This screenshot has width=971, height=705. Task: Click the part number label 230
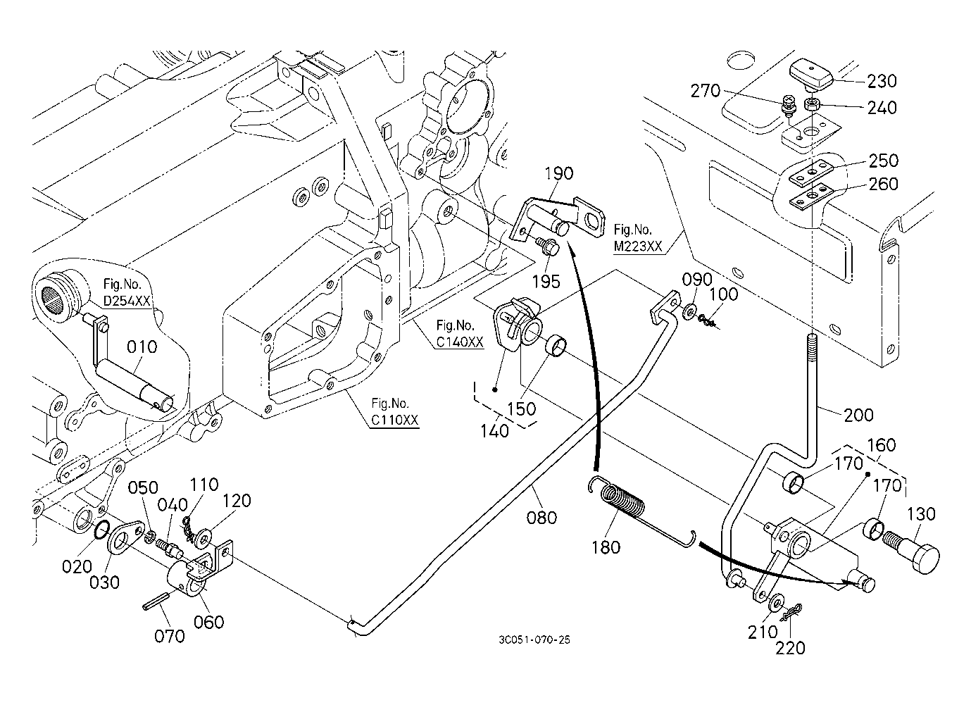(x=882, y=81)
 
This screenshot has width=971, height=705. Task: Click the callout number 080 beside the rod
(x=541, y=518)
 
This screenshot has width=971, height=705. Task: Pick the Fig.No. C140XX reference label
(x=460, y=334)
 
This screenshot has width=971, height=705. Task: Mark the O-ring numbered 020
(x=101, y=531)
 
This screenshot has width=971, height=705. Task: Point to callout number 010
(x=142, y=347)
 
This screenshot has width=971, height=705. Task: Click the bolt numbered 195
(x=549, y=246)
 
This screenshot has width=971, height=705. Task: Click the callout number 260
(x=884, y=184)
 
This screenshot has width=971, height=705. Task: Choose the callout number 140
(x=495, y=430)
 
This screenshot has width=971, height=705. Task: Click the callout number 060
(x=209, y=622)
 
